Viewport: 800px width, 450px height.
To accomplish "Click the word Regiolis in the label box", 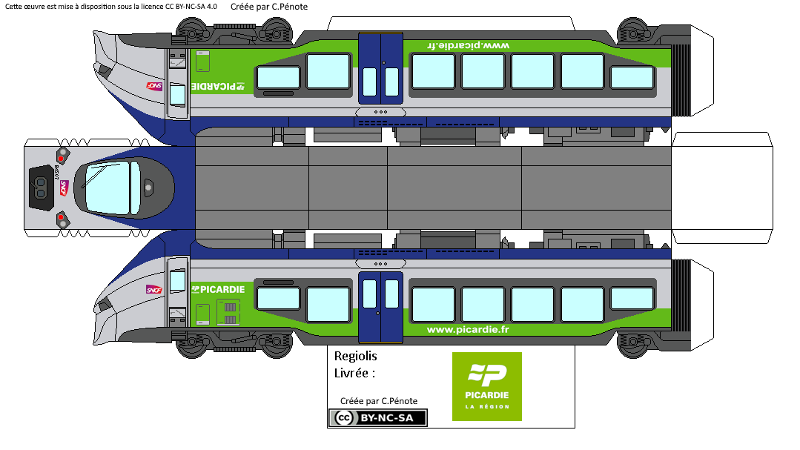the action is tap(356, 356).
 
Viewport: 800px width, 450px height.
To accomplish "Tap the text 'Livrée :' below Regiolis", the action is tap(355, 372).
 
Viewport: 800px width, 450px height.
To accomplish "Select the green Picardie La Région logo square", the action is tap(487, 386).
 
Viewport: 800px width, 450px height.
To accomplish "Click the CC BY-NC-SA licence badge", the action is tap(378, 418).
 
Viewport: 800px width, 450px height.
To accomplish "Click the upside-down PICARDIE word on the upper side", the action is tap(218, 86).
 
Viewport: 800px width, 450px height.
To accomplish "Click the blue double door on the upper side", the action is tap(380, 68).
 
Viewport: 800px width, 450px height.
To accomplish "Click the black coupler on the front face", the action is tap(40, 188).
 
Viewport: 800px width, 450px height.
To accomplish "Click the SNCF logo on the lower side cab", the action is tap(154, 290).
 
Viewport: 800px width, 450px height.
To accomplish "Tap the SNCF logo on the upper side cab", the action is tap(154, 86).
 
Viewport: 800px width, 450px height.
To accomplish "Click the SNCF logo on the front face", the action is tap(63, 188).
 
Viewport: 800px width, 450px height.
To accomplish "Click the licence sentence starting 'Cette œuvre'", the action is tap(111, 7).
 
